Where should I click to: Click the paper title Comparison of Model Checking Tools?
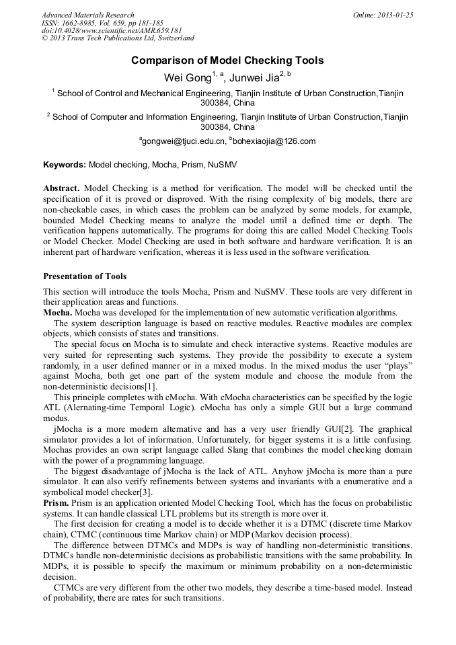coord(227,61)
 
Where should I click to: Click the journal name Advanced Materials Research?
coord(87,15)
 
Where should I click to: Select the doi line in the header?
coord(112,31)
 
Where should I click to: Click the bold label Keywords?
coord(65,164)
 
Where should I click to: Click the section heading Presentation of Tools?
coord(85,276)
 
